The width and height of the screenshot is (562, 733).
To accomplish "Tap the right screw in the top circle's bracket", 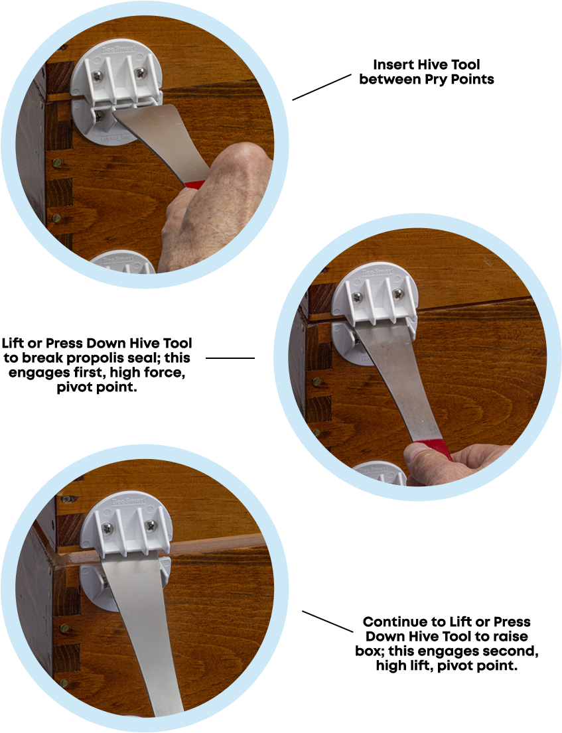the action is point(140,73).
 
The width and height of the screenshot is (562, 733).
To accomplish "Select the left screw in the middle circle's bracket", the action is point(358,297).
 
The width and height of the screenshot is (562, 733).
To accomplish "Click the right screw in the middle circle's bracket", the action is point(398,294).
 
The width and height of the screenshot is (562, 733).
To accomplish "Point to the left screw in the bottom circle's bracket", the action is point(107,529).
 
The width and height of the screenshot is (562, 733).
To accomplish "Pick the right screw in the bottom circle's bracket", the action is point(151,525).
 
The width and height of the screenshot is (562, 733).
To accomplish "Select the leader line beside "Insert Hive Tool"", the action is point(322,87).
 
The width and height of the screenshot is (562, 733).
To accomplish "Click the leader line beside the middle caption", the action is point(230,358).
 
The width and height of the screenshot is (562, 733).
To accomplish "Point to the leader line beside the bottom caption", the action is point(327,622).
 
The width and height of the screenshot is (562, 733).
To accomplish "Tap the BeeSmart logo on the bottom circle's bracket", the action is point(129,501).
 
